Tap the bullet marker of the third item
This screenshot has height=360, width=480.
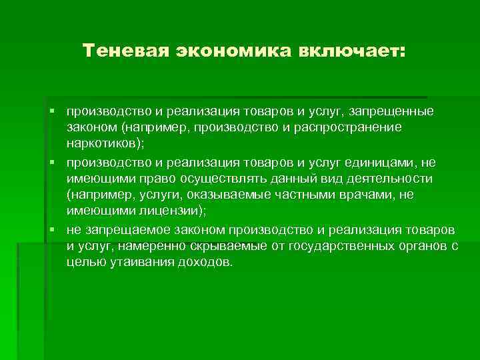(59, 230)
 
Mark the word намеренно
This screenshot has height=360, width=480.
(149, 246)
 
